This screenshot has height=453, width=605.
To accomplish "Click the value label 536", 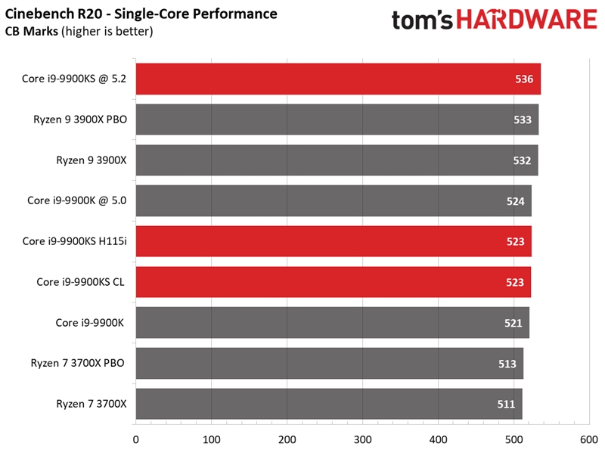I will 524,79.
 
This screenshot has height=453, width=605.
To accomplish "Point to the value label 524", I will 516,201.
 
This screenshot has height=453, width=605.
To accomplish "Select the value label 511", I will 506,404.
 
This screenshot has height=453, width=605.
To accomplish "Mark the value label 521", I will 513,323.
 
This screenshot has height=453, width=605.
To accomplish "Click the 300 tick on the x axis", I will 287,439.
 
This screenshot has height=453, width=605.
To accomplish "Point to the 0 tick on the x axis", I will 135,439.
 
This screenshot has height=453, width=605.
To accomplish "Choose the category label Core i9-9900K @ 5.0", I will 76,200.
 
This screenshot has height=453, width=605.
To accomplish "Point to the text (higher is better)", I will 108,31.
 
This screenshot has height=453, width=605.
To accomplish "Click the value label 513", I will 507,364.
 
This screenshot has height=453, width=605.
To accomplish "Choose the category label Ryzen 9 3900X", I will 91,160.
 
